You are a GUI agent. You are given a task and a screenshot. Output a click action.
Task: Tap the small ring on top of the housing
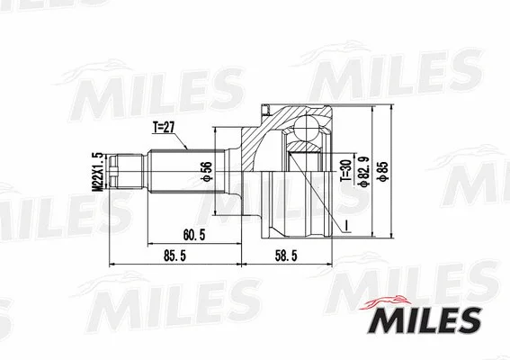coord(265,111)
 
